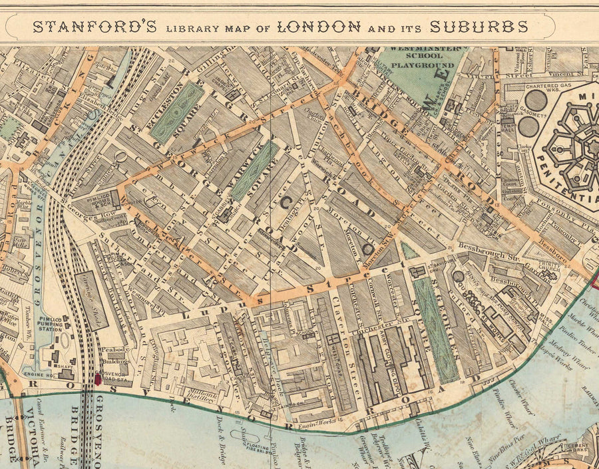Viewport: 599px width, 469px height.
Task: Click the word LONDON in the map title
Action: point(319,27)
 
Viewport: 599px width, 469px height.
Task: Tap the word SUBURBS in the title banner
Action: point(479,27)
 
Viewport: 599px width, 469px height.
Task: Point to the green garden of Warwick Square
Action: point(254,171)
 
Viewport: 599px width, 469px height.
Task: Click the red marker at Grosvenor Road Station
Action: point(99,379)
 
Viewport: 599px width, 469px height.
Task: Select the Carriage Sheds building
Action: point(91,300)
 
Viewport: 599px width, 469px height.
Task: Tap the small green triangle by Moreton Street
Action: point(409,251)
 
